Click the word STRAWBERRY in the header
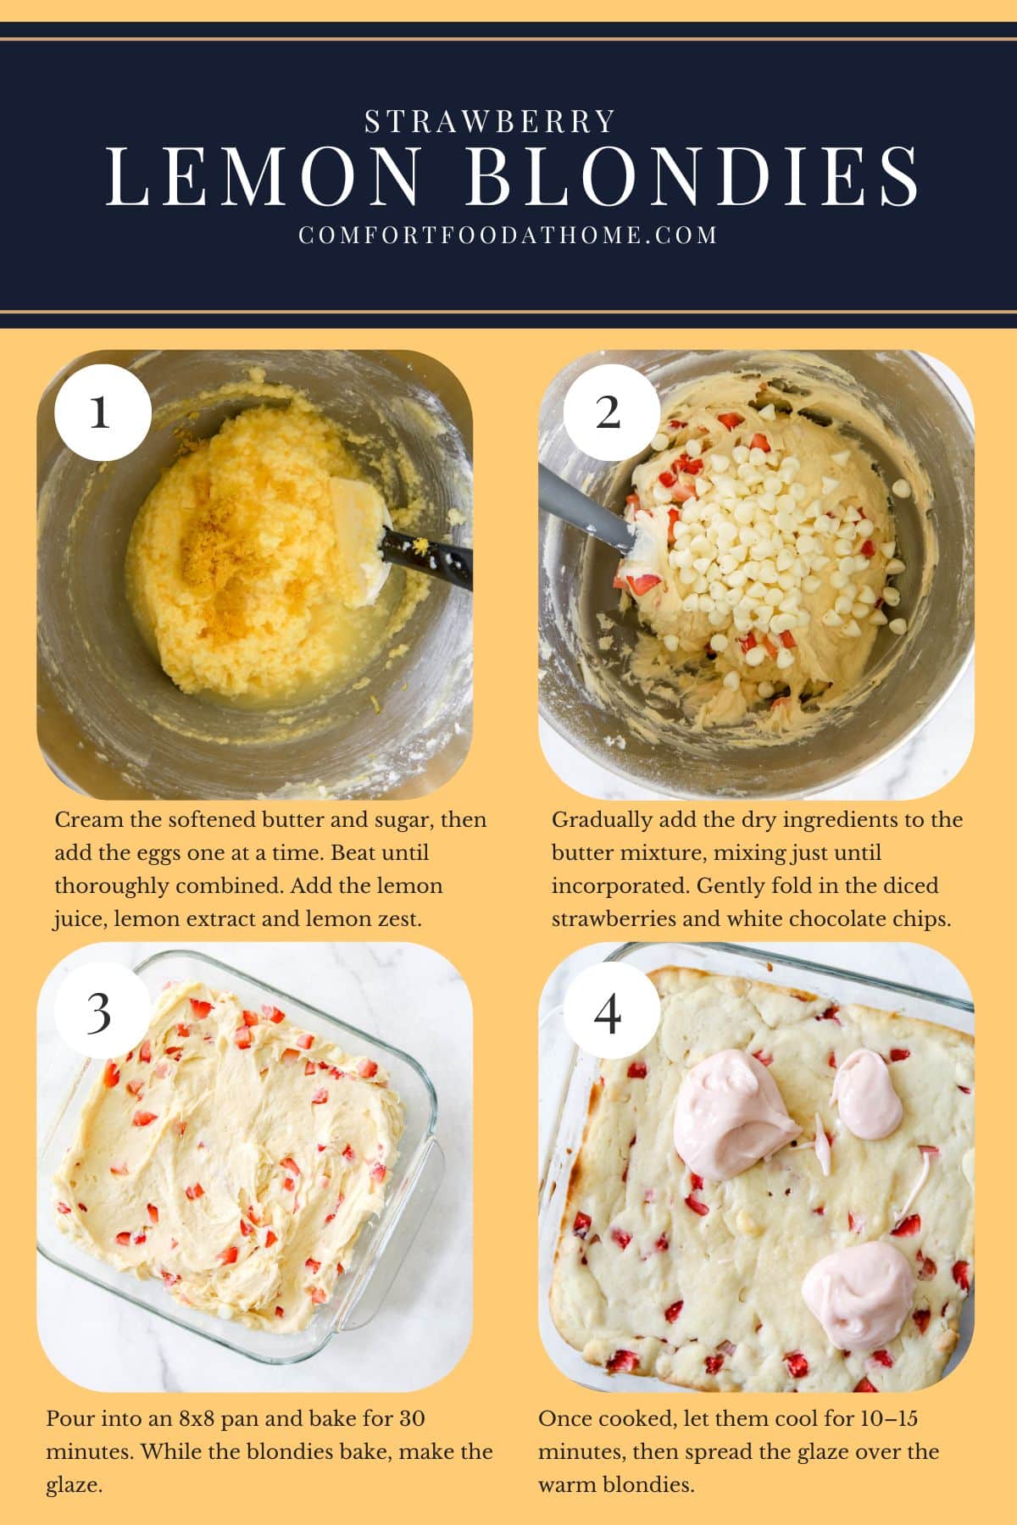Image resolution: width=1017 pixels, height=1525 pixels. pos(490,122)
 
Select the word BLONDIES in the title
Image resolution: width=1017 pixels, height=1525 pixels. pos(692,179)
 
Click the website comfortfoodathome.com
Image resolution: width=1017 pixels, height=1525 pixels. pos(508,235)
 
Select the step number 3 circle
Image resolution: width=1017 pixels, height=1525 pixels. pos(100,1012)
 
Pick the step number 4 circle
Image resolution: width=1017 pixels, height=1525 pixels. pos(609,1012)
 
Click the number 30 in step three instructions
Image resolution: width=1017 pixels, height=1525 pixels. pos(411,1418)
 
